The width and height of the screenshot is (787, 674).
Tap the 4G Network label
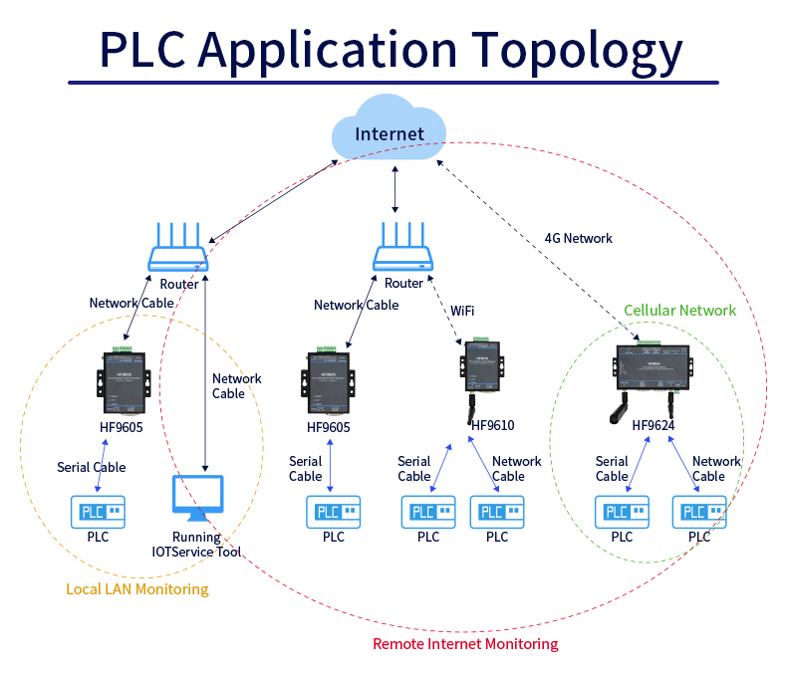[578, 239]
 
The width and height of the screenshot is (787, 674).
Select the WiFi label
[462, 311]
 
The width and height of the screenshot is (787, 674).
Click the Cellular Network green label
[679, 311]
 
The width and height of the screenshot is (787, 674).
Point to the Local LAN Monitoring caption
[137, 589]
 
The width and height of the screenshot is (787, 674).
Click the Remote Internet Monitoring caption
[465, 644]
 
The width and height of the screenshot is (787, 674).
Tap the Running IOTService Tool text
[196, 545]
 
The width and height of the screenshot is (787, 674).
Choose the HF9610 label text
[492, 426]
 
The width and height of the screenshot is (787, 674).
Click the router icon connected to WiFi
[403, 249]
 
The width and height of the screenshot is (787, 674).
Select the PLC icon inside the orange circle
[97, 512]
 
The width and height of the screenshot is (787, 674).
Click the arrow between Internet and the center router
[396, 189]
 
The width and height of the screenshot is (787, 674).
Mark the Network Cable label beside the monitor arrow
[236, 385]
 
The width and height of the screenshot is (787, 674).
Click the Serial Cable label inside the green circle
[612, 469]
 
